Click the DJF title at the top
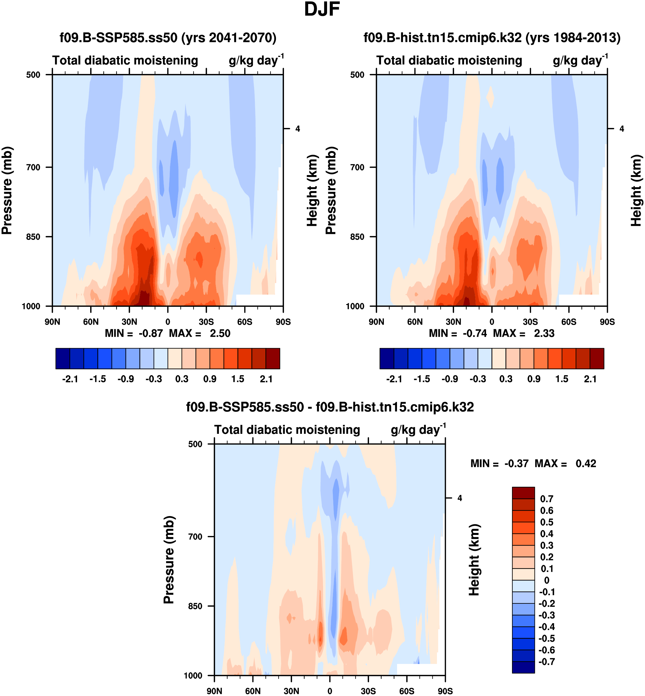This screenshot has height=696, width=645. click(322, 10)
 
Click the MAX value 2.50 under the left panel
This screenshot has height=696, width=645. click(220, 334)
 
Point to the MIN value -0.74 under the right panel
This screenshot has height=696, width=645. click(475, 334)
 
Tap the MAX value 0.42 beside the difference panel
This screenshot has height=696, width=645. click(586, 464)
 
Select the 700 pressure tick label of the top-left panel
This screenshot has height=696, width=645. click(33, 167)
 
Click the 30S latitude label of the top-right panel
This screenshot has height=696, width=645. click(530, 322)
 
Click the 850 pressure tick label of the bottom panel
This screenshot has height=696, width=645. click(195, 606)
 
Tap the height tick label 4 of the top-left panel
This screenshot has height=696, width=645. click(297, 129)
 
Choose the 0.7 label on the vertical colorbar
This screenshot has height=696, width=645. click(547, 499)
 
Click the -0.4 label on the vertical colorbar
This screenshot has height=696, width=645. click(547, 627)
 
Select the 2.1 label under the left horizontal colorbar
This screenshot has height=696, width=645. click(266, 379)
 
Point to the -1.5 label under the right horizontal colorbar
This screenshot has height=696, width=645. click(422, 379)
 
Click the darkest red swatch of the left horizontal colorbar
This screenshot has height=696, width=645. click(273, 358)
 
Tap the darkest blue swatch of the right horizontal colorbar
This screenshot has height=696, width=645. click(387, 358)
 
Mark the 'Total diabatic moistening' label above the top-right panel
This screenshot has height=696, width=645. click(449, 61)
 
